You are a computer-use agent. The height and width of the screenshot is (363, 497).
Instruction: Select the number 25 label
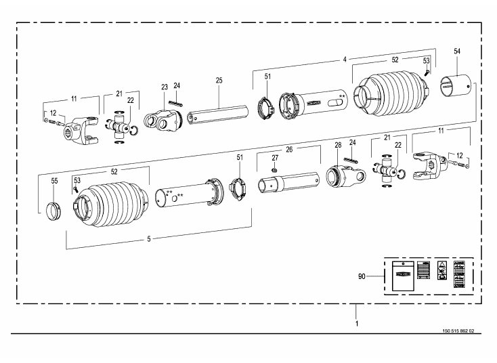coord(219,81)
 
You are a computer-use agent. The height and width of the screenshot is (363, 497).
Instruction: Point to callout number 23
coord(163,87)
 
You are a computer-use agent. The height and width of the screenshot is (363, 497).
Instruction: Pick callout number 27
coord(275,156)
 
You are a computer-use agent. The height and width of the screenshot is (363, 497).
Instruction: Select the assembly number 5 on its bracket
coord(149,239)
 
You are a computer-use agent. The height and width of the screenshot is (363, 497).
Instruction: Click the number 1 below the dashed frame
coord(357,324)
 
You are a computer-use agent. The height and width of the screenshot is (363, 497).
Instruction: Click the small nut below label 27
coord(275,169)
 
